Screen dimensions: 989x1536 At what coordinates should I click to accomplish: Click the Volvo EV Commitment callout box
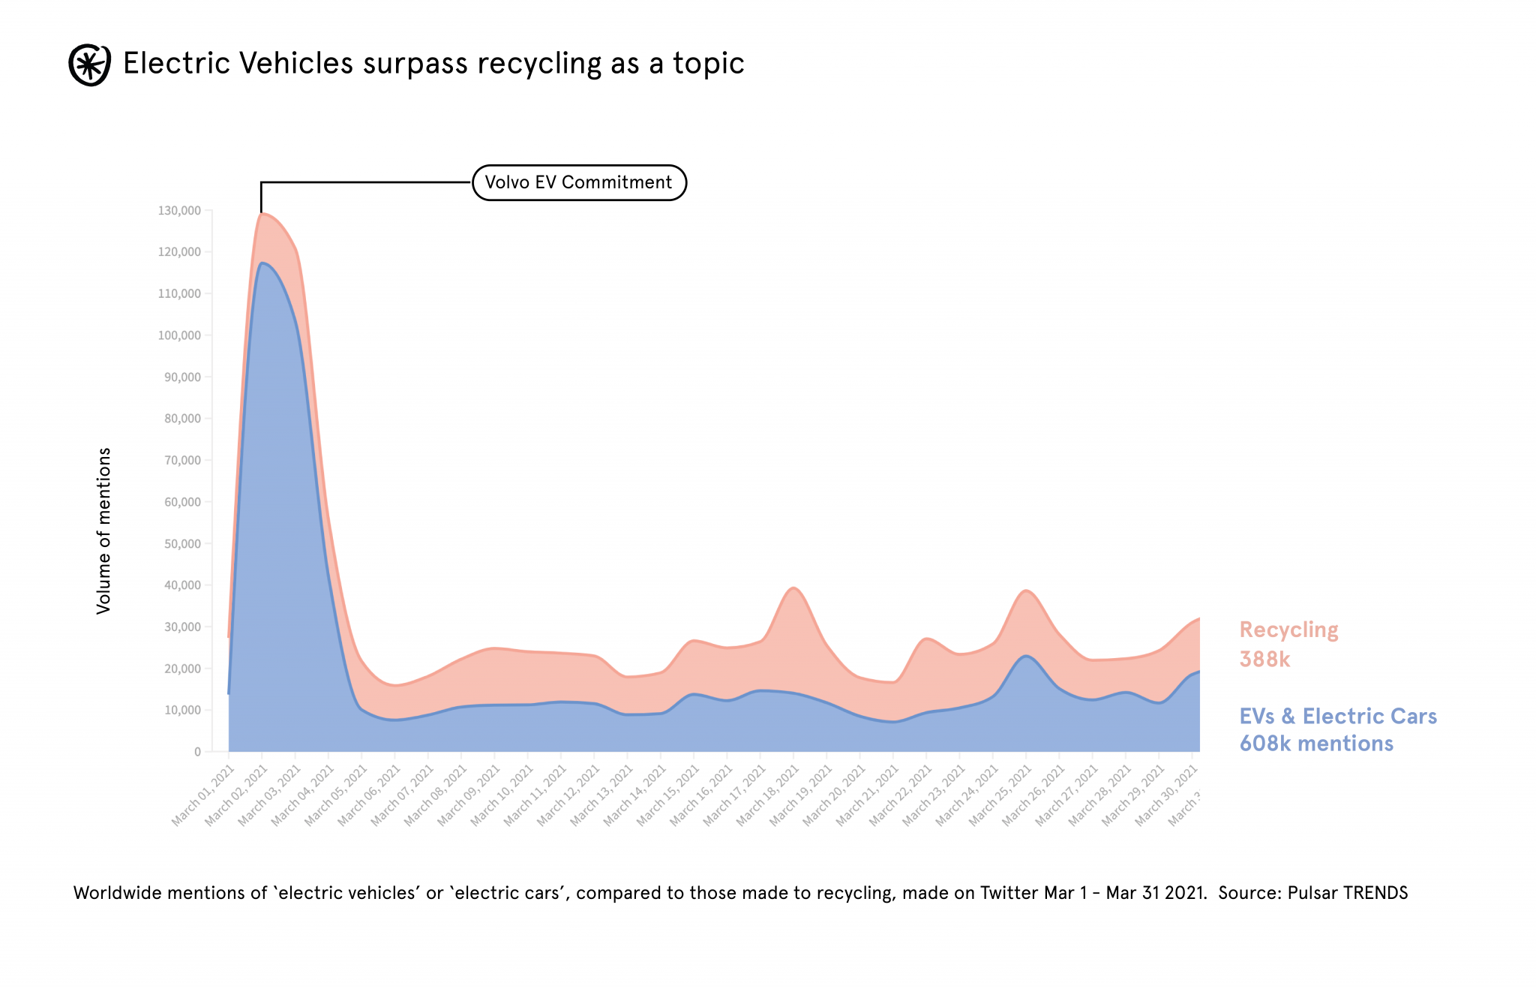point(579,182)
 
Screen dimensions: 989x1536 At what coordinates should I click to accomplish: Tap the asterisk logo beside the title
point(90,65)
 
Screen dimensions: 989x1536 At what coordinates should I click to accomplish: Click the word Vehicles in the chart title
point(295,63)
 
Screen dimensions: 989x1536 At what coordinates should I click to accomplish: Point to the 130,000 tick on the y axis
point(180,211)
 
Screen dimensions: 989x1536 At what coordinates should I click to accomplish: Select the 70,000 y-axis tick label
point(183,461)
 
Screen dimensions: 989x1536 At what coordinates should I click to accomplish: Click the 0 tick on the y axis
point(198,752)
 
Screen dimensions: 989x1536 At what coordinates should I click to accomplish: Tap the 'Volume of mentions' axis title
point(104,531)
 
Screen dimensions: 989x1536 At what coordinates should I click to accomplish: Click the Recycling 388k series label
point(1288,644)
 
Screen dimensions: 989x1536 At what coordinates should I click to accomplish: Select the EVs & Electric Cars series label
point(1337,729)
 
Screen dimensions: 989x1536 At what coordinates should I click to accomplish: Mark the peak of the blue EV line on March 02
point(262,263)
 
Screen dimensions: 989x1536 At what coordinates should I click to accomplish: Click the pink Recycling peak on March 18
point(793,588)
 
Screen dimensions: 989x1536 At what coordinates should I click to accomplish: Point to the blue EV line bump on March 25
point(1026,657)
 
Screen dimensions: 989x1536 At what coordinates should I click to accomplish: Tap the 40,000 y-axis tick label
point(183,585)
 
